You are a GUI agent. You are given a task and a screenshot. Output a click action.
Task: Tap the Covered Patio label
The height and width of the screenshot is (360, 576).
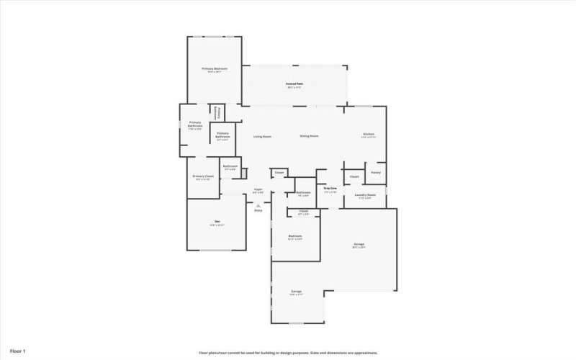click(294, 85)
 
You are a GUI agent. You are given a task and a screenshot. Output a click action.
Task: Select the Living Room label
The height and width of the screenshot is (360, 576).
click(262, 136)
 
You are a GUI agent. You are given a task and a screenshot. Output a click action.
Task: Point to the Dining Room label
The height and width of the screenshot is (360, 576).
click(310, 136)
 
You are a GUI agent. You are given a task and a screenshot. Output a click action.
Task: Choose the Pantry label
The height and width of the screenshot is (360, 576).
click(376, 173)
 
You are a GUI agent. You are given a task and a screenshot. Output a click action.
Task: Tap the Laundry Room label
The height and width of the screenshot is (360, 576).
click(364, 195)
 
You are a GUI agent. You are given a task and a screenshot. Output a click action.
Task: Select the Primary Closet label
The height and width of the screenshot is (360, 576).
click(203, 177)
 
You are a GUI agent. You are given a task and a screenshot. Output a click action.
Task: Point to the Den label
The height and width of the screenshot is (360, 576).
click(216, 222)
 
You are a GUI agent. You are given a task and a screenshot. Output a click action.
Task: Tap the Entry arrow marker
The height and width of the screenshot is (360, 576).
click(258, 204)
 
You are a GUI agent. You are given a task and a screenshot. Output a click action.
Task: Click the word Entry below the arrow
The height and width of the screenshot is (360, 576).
click(258, 210)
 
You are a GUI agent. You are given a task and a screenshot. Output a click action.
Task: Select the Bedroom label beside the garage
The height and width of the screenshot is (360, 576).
click(295, 237)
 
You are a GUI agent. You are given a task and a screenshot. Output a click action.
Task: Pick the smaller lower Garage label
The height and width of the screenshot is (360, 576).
click(296, 292)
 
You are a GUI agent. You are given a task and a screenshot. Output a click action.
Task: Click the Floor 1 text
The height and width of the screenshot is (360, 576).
click(18, 351)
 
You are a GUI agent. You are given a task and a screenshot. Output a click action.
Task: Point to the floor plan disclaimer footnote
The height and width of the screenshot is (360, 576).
click(288, 353)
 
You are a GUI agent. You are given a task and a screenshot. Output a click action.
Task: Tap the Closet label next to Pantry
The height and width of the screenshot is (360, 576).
click(354, 176)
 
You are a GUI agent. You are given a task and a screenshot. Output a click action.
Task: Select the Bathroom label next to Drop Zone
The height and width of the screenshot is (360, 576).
click(304, 193)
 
